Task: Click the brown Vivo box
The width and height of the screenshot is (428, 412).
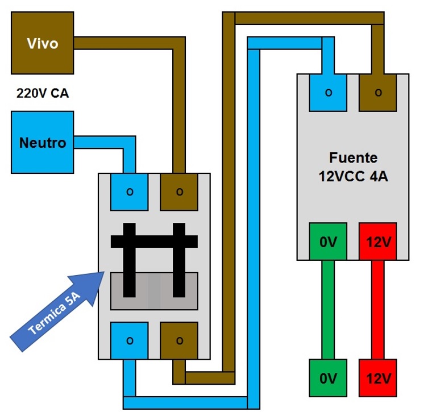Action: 43,43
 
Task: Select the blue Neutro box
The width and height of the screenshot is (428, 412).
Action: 43,142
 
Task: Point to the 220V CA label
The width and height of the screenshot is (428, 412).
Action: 43,93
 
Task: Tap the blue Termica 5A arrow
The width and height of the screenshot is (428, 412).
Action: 57,307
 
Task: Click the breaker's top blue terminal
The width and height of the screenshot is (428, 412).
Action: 130,192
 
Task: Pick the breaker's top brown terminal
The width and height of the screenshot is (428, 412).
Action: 180,192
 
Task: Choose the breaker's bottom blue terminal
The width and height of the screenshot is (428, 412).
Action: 130,340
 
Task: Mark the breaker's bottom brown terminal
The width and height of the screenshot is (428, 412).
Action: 180,340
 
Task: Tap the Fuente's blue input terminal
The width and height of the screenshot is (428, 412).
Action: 328,92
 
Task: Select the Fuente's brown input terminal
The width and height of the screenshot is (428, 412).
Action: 378,92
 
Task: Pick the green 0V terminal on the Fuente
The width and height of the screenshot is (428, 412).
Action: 328,242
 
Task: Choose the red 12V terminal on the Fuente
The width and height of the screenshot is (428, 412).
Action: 378,242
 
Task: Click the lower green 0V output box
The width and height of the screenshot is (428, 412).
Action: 328,377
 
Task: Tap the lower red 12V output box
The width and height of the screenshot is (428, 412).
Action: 378,377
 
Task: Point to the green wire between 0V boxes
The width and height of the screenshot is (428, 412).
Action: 328,310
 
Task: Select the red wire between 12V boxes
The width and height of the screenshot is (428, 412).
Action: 378,310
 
